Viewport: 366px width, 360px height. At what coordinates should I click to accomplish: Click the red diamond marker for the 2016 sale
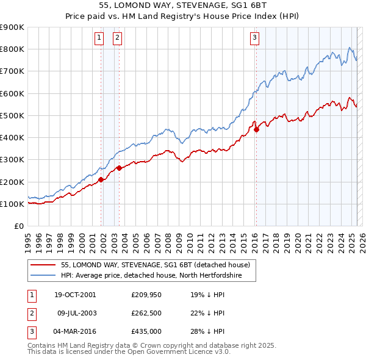pyautogui.click(x=257, y=129)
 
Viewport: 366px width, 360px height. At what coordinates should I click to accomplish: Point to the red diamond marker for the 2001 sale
pyautogui.click(x=101, y=179)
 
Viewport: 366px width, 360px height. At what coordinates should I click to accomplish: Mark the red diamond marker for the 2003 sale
pyautogui.click(x=120, y=168)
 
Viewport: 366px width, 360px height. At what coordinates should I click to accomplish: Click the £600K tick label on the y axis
pyautogui.click(x=12, y=93)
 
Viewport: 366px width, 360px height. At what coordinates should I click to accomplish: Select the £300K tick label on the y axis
pyautogui.click(x=12, y=160)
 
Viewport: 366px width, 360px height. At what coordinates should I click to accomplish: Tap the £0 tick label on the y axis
pyautogui.click(x=18, y=226)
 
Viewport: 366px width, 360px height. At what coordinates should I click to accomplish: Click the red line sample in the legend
pyautogui.click(x=44, y=265)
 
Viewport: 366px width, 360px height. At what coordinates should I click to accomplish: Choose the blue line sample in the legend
pyautogui.click(x=44, y=276)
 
